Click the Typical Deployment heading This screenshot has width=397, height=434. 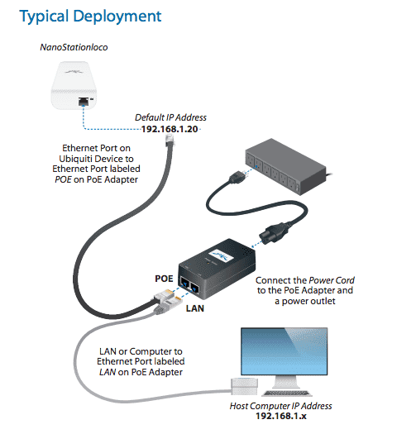click(x=90, y=17)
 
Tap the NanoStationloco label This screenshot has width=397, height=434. click(x=74, y=47)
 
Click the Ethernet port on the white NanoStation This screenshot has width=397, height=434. click(x=83, y=102)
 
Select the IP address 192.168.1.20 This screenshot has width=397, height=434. click(x=170, y=129)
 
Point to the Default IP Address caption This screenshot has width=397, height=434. click(x=170, y=117)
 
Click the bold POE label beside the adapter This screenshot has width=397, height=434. click(x=164, y=279)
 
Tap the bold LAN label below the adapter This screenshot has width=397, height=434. click(x=195, y=308)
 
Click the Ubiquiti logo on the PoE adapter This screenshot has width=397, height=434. click(x=221, y=255)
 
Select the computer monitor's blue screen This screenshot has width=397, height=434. click(x=284, y=351)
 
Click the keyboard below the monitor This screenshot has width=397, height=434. click(x=287, y=393)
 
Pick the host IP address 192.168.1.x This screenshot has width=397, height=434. click(x=281, y=416)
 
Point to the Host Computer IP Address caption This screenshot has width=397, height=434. click(x=280, y=406)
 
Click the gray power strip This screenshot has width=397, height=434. click(x=285, y=167)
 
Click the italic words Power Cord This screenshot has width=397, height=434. click(x=332, y=280)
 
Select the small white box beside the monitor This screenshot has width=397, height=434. click(x=244, y=386)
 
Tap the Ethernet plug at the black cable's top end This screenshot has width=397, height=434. click(x=170, y=141)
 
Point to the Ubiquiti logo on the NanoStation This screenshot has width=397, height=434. click(x=74, y=72)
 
